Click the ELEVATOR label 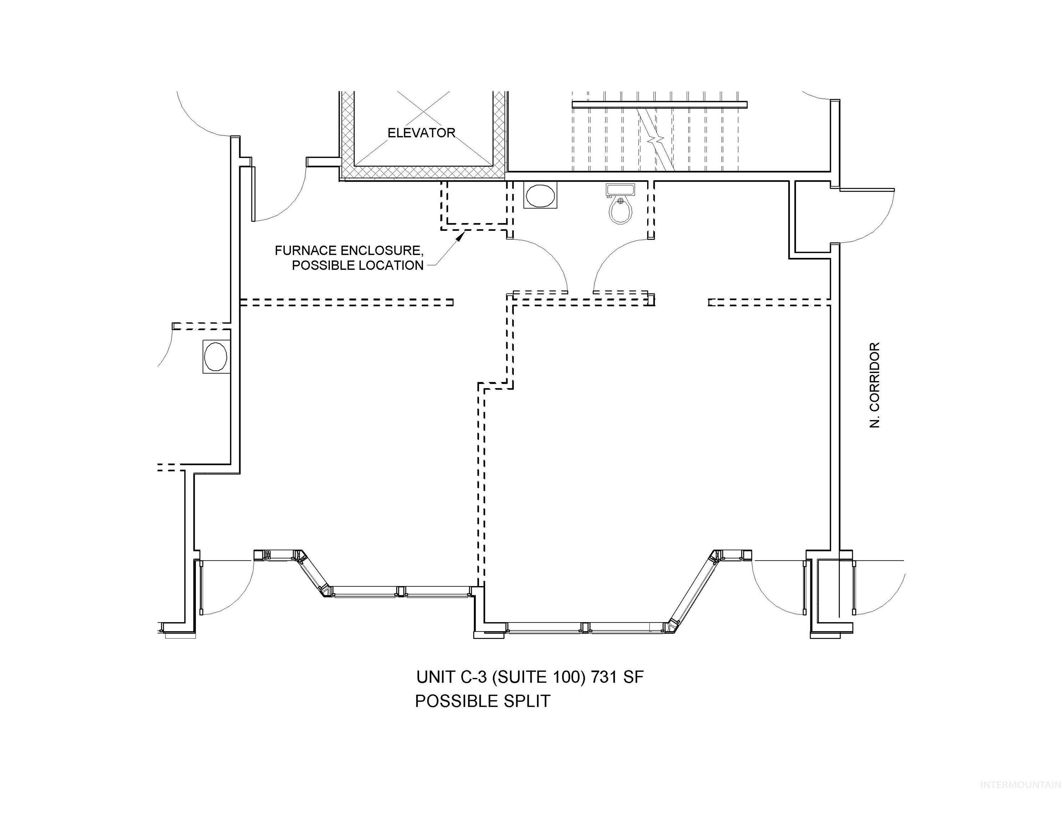421,133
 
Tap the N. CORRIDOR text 875,385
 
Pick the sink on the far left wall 216,356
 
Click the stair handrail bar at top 659,104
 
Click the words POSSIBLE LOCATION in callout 357,266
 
